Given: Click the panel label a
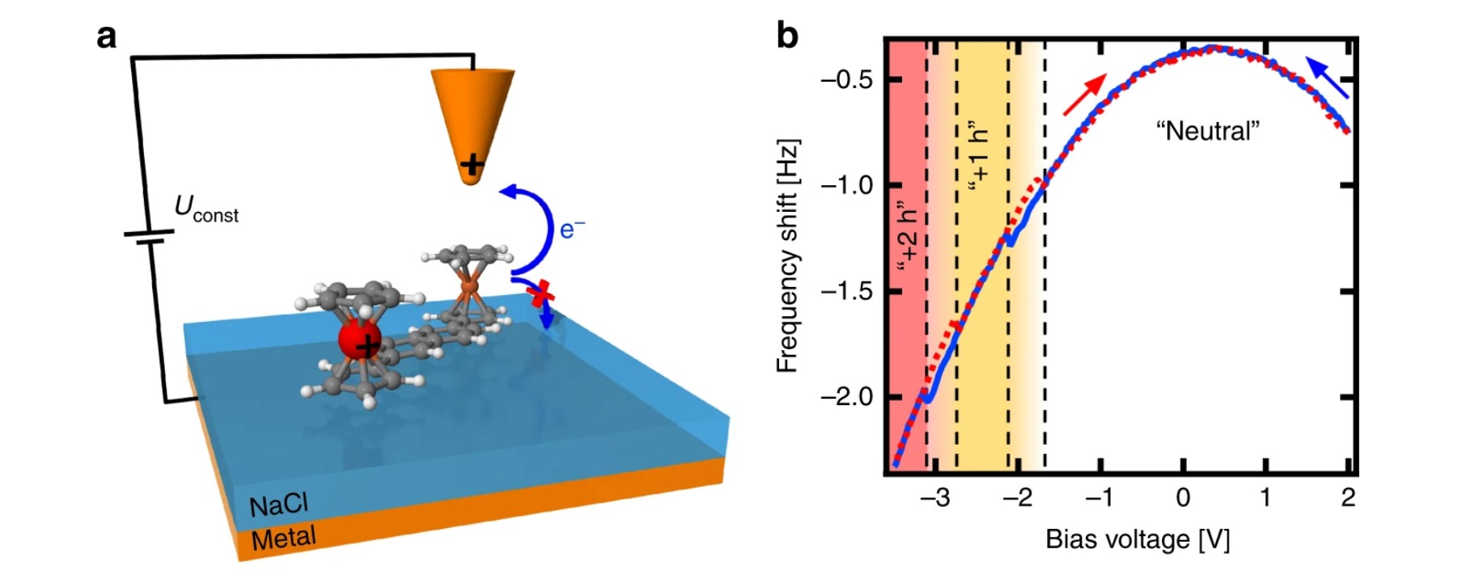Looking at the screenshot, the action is click(x=106, y=37).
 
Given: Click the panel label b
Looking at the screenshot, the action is click(x=787, y=35).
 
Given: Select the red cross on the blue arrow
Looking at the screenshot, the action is click(x=540, y=295).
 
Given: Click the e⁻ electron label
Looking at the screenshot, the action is click(x=571, y=230).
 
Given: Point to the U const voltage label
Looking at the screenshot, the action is click(x=206, y=209).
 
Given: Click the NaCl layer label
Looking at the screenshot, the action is click(x=278, y=505).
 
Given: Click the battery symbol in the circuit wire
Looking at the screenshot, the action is click(x=149, y=237).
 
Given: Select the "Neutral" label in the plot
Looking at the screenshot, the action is click(x=1208, y=131).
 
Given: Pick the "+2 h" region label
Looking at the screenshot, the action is click(x=908, y=241).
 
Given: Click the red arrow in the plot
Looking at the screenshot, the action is click(x=1084, y=95).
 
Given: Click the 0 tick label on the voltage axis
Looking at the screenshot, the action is click(x=1183, y=498).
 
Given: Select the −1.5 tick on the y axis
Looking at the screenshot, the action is click(x=846, y=291).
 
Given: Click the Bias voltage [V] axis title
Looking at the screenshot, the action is click(x=1137, y=539).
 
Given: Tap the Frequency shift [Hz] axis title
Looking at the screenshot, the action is click(x=787, y=255).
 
